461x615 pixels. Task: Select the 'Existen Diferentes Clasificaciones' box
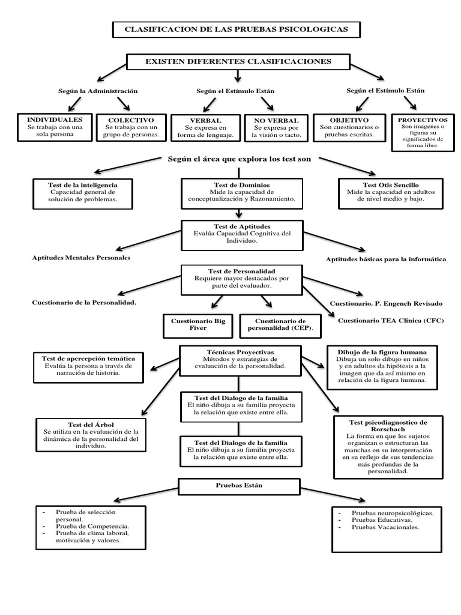238,62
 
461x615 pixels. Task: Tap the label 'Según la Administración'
98,91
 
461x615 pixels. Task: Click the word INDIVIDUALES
55,120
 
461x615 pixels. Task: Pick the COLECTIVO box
131,127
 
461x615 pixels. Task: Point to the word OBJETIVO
349,120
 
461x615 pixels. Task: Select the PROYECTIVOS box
423,132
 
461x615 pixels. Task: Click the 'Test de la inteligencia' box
83,193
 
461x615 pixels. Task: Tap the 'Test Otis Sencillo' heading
391,185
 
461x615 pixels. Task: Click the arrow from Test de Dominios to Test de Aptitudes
240,213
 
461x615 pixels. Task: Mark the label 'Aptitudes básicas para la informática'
385,259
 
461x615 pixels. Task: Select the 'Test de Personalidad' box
241,279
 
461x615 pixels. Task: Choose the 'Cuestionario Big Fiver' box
197,325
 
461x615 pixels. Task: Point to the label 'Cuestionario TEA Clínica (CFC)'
390,321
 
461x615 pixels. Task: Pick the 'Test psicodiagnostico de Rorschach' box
388,447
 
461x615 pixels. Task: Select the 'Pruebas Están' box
239,485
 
